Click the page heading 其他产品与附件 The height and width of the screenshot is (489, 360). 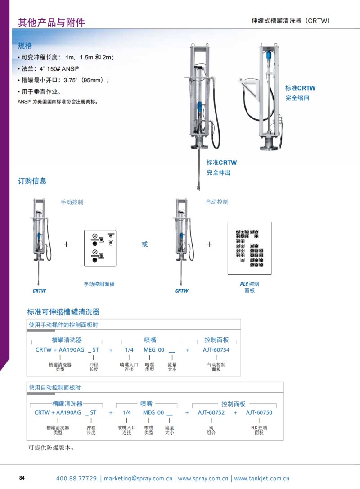click(x=51, y=23)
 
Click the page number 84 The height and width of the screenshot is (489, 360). click(x=22, y=478)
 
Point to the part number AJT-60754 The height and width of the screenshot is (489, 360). click(x=216, y=349)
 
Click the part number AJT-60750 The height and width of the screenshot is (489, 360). click(x=259, y=412)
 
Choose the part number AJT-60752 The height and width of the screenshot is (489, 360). click(x=211, y=412)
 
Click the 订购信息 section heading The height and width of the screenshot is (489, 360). click(x=32, y=181)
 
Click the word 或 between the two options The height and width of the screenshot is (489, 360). click(x=144, y=244)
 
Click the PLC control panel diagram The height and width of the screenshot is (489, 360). click(x=249, y=248)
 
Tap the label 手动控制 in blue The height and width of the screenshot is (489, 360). click(x=72, y=202)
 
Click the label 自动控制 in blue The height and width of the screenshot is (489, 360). click(x=217, y=202)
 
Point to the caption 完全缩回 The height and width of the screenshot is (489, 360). click(x=297, y=98)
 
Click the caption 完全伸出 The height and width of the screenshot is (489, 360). click(x=218, y=172)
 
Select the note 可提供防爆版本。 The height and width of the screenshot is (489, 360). click(x=50, y=448)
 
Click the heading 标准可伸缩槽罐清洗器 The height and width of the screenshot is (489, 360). click(x=63, y=312)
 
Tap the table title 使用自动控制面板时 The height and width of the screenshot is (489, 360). click(x=54, y=387)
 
